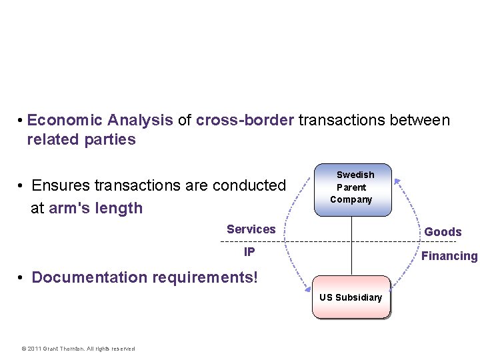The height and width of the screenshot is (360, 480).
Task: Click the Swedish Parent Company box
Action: [352, 189]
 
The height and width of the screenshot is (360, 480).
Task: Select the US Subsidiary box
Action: [351, 297]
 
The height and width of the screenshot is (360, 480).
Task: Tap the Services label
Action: [251, 229]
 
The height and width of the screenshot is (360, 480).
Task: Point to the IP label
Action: [249, 252]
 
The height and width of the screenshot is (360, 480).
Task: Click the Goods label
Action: [443, 232]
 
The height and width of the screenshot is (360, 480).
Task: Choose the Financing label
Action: [449, 256]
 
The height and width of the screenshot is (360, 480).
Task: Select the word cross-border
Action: [245, 121]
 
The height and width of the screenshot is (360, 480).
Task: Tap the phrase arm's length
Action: [96, 208]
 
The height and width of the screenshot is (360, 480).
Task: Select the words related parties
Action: [81, 140]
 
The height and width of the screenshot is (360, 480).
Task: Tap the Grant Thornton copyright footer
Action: [78, 349]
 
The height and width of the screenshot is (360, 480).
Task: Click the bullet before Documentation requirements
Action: [22, 277]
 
